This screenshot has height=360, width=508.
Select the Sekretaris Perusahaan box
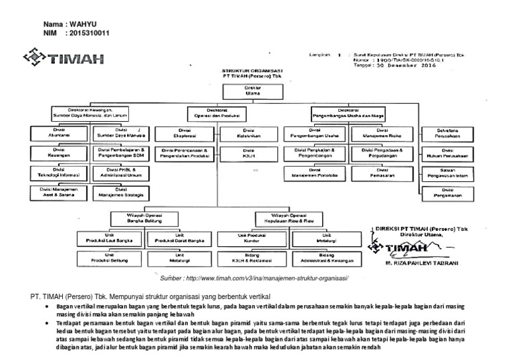click(x=444, y=132)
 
